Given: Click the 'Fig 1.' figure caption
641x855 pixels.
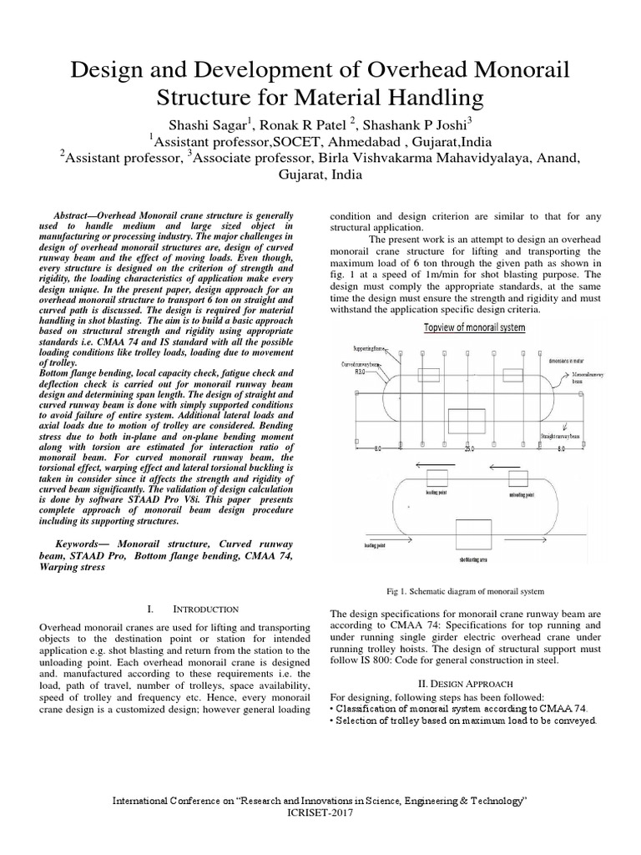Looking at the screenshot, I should pyautogui.click(x=466, y=592).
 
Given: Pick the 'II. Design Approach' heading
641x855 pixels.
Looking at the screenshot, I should pyautogui.click(x=466, y=683).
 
